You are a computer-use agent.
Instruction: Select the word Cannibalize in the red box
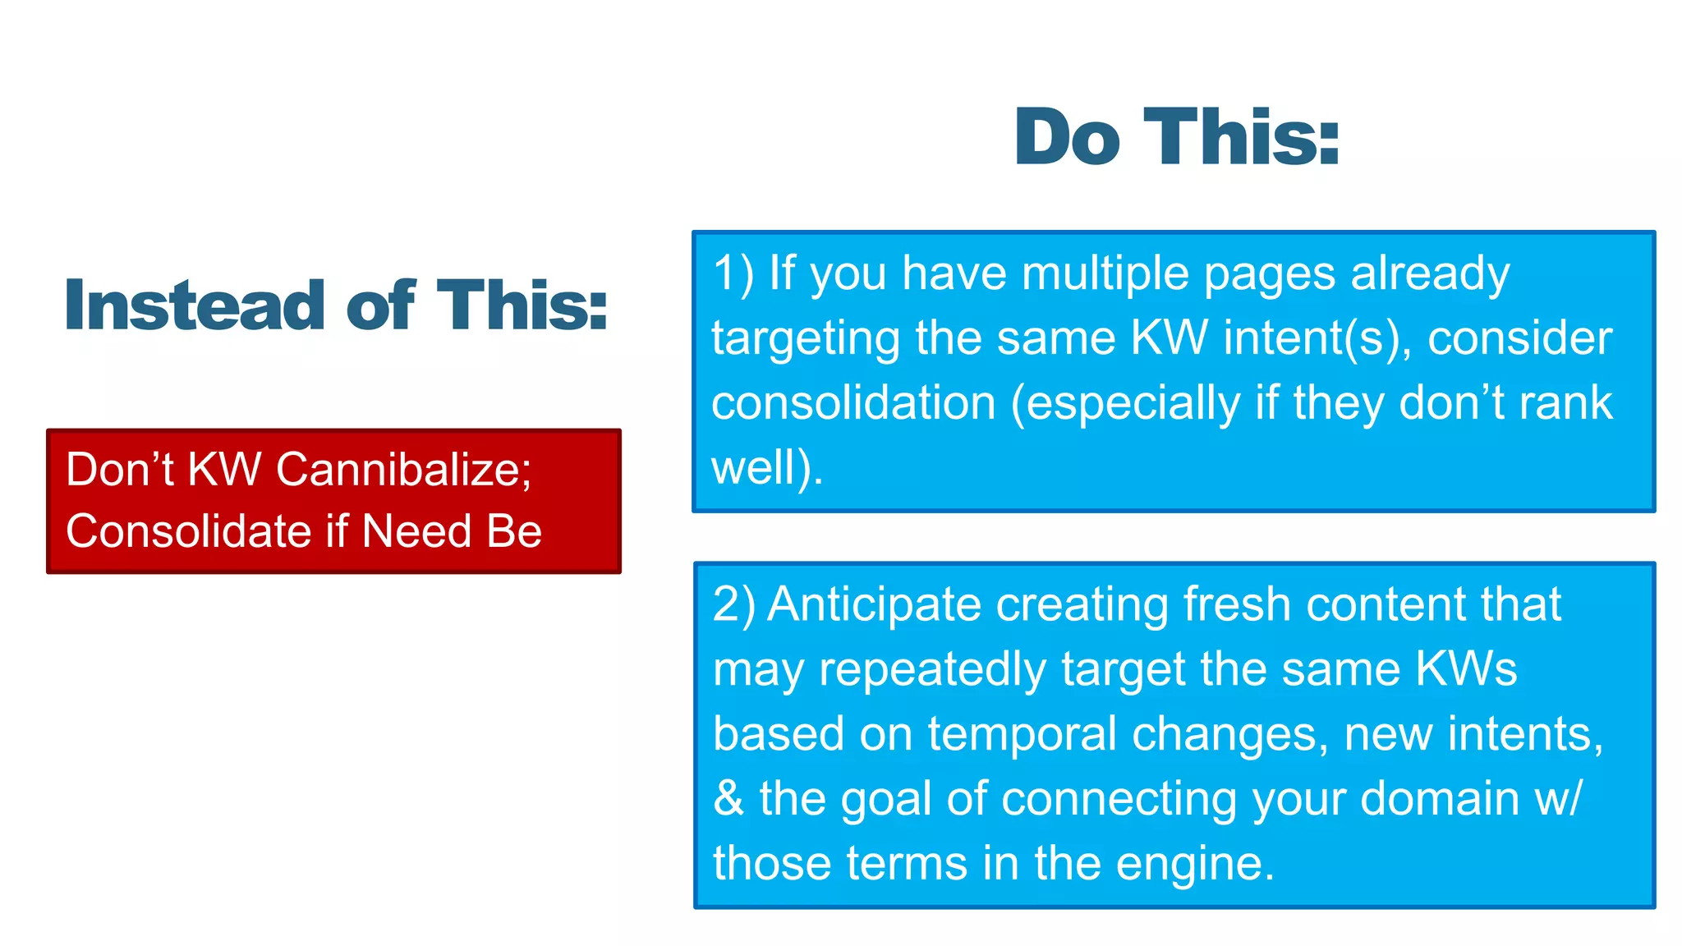[403, 470]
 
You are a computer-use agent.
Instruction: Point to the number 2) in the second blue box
[733, 604]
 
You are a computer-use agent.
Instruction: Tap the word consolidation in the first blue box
[853, 403]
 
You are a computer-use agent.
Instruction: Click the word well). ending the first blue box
[766, 468]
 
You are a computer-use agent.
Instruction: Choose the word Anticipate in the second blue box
[874, 606]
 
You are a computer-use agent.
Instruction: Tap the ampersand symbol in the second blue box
[728, 798]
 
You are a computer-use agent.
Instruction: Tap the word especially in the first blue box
[1133, 405]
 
